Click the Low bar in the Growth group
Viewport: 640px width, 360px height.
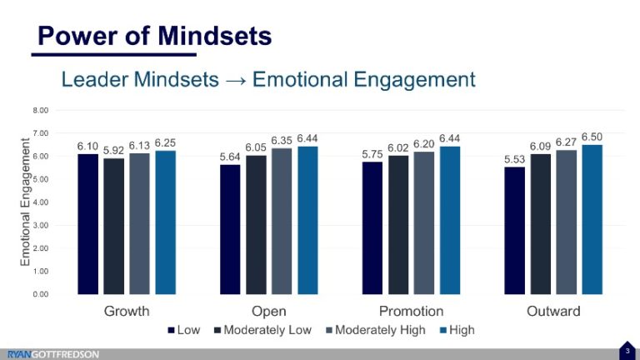87,223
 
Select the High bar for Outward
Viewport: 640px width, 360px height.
592,219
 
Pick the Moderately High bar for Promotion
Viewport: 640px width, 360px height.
423,222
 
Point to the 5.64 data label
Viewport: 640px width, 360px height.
229,156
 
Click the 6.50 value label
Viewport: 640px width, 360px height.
592,136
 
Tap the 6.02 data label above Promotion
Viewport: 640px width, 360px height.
397,147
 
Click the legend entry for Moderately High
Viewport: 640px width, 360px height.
374,330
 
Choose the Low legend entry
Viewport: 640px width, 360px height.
182,330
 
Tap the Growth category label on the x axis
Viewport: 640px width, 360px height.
127,312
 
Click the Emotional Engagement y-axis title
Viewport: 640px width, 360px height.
25,202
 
